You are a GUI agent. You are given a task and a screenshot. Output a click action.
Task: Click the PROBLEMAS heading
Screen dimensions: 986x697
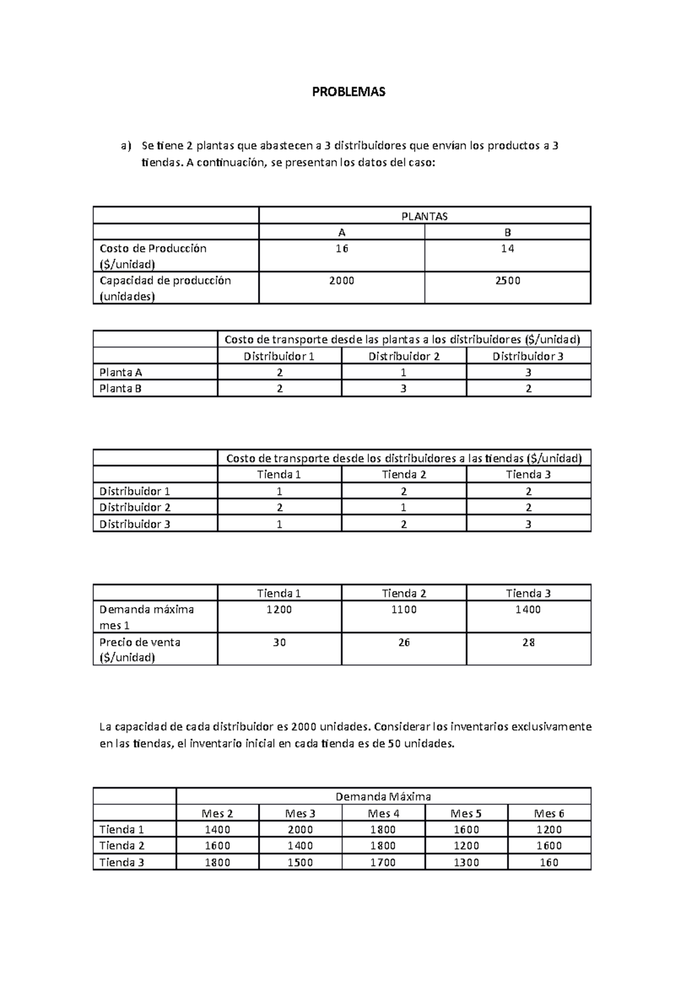(x=348, y=92)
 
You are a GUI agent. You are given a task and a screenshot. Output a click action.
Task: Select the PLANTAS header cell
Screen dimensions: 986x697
(x=425, y=216)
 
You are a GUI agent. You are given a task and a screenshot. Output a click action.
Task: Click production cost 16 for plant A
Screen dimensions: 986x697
(x=342, y=249)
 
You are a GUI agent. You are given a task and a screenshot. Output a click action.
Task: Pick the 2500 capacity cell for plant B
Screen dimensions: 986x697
(x=508, y=280)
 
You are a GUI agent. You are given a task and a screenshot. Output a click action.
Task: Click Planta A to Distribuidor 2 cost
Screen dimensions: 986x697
(x=404, y=372)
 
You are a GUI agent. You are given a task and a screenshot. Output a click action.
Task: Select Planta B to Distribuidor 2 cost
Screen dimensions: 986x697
(x=404, y=388)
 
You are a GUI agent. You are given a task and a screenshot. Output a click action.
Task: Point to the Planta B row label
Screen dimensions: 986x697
(x=121, y=388)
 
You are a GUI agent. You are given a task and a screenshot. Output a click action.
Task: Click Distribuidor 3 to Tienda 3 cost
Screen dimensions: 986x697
(x=528, y=524)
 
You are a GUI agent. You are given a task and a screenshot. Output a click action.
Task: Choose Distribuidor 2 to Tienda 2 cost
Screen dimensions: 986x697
(x=404, y=507)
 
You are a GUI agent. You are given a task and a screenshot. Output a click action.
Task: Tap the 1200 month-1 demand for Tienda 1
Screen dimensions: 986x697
(x=279, y=610)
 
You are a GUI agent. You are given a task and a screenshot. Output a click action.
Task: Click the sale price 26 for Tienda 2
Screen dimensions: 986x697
(x=404, y=642)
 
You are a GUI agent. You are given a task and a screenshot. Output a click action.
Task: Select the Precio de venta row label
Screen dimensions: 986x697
(x=140, y=649)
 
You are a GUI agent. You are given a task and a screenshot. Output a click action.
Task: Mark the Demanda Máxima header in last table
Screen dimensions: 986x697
(x=383, y=796)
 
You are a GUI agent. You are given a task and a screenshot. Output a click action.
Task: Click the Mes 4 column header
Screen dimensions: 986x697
(x=383, y=813)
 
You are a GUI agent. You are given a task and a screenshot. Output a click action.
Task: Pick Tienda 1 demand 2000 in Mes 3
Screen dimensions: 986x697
(x=300, y=829)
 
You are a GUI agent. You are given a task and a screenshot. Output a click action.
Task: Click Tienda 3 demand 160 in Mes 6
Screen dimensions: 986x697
(x=549, y=862)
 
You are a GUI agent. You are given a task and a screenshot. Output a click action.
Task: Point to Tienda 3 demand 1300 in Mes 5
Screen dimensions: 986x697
(x=466, y=862)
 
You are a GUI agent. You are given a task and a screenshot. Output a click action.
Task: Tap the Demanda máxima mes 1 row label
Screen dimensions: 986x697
(x=147, y=617)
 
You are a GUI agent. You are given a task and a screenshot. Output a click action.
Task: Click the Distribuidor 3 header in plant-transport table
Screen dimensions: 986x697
(x=528, y=356)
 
